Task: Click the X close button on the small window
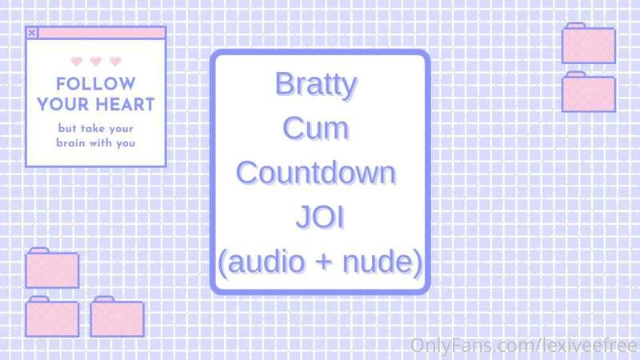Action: (31, 33)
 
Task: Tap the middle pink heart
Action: (96, 61)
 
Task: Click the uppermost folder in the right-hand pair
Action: (588, 44)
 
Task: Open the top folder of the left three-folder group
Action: (51, 269)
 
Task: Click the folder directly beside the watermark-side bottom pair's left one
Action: (117, 317)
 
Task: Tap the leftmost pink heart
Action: (77, 61)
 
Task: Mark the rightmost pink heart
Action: (115, 61)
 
